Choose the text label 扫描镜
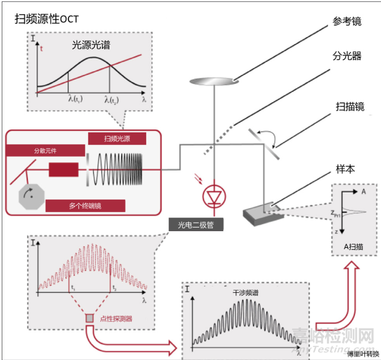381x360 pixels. [347, 106]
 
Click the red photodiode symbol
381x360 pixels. [212, 195]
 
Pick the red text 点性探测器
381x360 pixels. [116, 319]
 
